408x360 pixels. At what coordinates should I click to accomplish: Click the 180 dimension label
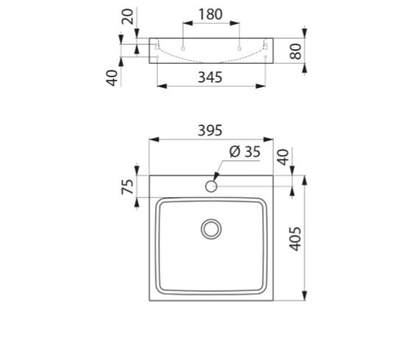click(210, 14)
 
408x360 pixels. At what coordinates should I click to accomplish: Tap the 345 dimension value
click(210, 77)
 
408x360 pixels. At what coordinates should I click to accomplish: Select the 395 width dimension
click(210, 130)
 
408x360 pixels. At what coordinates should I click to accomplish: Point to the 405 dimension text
click(296, 239)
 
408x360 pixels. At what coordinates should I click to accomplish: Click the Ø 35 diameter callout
click(245, 151)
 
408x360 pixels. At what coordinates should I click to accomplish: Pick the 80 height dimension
click(296, 51)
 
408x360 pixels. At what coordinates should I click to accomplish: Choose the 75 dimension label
click(128, 187)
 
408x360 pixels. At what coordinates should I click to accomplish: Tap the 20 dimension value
click(128, 16)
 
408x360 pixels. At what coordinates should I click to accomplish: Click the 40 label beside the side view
click(112, 78)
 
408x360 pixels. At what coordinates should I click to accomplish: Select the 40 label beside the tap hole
click(283, 156)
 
